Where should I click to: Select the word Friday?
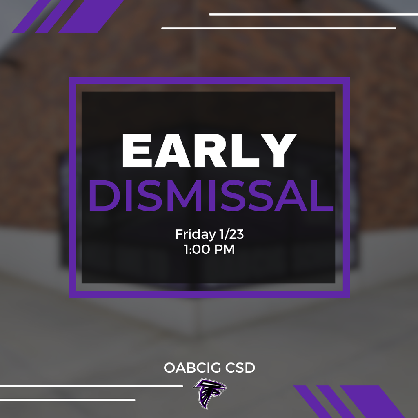(194, 234)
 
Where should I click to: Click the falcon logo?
(209, 393)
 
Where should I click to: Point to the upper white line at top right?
(313, 14)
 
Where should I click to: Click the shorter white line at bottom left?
(67, 400)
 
